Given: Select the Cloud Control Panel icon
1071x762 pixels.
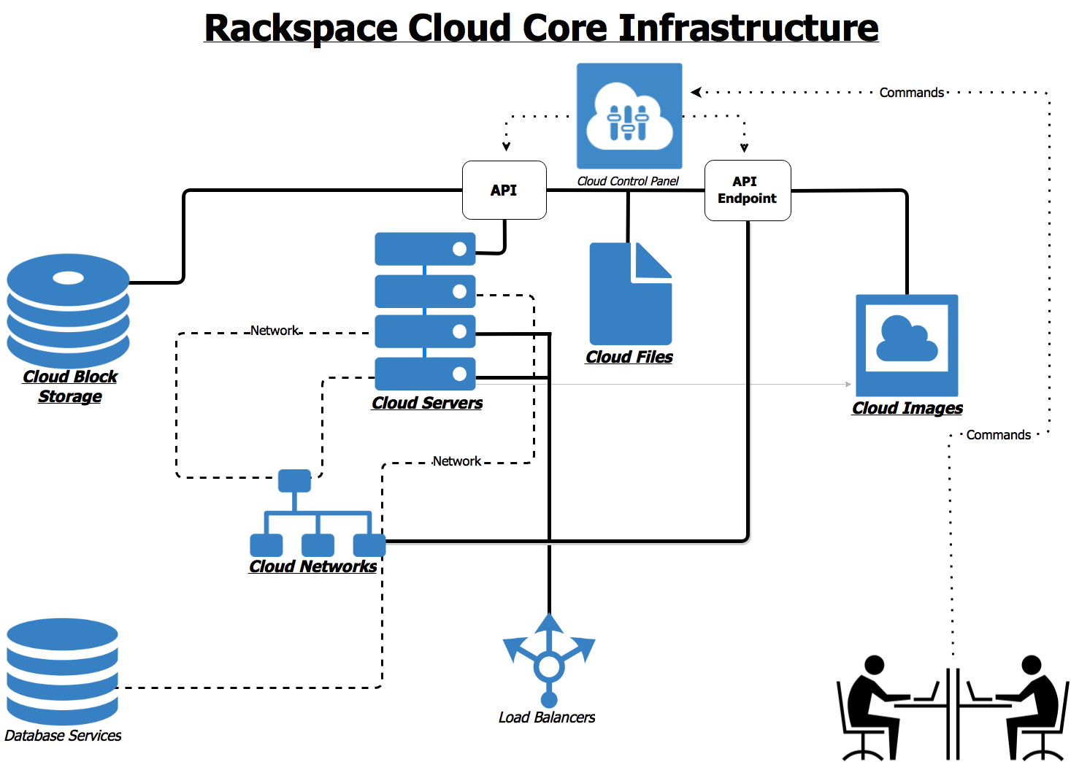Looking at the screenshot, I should coord(629,116).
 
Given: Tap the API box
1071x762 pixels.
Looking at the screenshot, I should coord(504,190).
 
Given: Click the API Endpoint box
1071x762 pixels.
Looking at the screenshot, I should coord(747,190).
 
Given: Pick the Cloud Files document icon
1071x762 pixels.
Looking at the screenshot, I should coord(630,294).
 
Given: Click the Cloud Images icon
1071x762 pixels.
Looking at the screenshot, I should coord(907,345).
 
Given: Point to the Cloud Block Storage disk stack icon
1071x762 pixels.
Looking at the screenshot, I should coord(69,310).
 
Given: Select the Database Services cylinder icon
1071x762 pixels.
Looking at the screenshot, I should coord(62,671).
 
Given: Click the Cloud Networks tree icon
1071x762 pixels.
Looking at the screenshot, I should coord(317,515).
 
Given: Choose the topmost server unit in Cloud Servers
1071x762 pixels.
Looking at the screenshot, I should coord(425,249).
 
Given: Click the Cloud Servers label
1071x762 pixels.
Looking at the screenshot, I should coord(427,403).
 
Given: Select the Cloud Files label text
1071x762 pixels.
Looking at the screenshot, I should coord(629,357).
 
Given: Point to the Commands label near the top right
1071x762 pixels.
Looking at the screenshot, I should coord(911,93).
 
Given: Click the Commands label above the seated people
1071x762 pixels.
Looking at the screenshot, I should coord(998,435).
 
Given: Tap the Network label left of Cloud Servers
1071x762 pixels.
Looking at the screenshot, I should coord(275,331).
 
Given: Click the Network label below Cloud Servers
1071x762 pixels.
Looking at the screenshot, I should coord(456,461).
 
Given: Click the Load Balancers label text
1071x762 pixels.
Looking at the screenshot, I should coord(546,717).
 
